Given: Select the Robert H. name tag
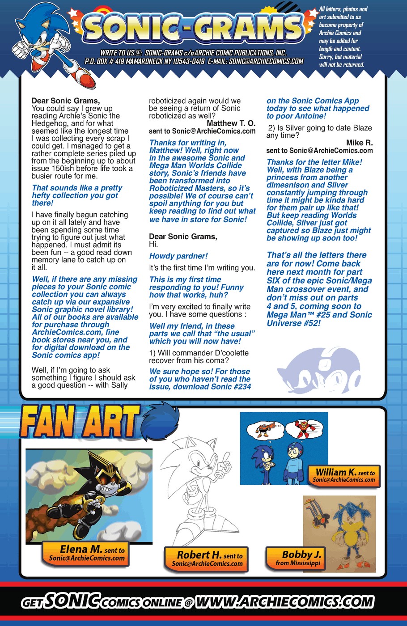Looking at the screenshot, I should (x=207, y=558).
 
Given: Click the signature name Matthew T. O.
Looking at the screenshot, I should (x=231, y=123).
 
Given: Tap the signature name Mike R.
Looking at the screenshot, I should (x=359, y=143).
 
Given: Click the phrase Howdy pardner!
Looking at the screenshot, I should (x=178, y=256).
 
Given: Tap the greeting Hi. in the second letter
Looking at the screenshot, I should (x=153, y=245).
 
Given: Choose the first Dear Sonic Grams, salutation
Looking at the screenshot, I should (x=66, y=101).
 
